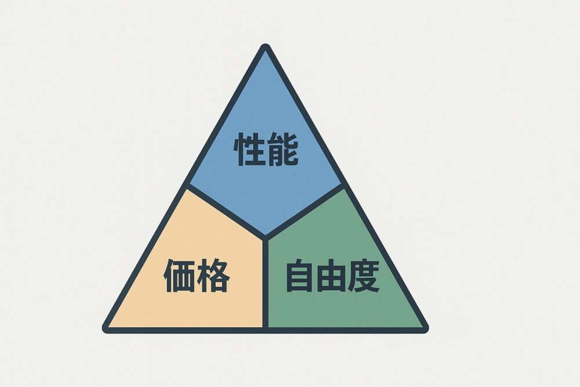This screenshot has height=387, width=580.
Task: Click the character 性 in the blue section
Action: [x=249, y=150]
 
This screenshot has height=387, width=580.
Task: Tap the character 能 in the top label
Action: [x=282, y=150]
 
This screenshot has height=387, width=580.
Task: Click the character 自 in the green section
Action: [x=300, y=276]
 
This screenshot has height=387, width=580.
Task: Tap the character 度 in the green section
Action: [x=364, y=276]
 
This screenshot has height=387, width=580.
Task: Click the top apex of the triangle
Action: [x=266, y=48]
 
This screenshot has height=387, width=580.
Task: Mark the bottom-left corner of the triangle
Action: [x=106, y=329]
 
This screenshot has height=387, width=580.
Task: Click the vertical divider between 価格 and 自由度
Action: [x=266, y=284]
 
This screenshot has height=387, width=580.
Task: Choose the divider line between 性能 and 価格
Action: [x=226, y=212]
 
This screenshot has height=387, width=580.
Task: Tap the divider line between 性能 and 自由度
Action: [x=305, y=212]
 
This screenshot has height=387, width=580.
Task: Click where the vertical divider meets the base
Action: [x=266, y=329]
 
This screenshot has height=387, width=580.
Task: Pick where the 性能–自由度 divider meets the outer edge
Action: [x=345, y=186]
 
